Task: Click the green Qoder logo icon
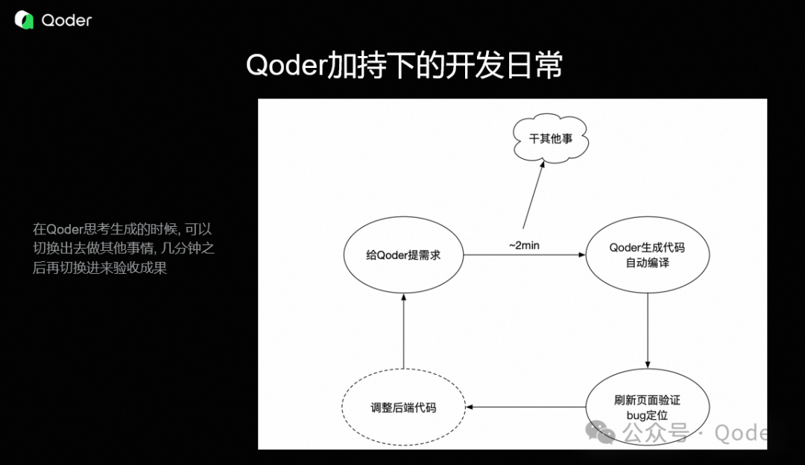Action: [x=24, y=20]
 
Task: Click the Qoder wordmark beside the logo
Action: [x=66, y=21]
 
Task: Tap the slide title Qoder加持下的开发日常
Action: [x=403, y=66]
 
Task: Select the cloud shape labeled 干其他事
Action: [x=552, y=139]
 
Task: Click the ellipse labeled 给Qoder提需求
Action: [x=403, y=255]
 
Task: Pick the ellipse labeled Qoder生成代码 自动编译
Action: [x=647, y=255]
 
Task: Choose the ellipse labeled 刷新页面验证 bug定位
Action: [x=647, y=407]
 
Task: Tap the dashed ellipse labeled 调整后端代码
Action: [x=403, y=408]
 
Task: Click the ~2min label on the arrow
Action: [x=524, y=245]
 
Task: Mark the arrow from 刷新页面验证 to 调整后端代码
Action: [x=525, y=408]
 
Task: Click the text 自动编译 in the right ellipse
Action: [x=647, y=263]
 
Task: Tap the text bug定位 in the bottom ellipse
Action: [x=647, y=415]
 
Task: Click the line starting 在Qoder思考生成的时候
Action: [x=122, y=229]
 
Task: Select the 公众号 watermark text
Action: [x=654, y=432]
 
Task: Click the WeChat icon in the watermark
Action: [x=601, y=431]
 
